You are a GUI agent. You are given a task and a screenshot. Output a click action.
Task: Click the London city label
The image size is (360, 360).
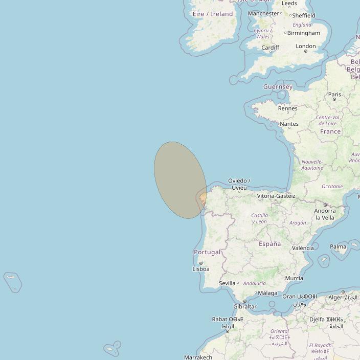click(306, 47)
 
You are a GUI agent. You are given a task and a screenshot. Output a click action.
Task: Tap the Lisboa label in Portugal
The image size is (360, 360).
click(200, 269)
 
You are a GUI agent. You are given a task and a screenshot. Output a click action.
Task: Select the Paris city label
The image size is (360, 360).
click(334, 94)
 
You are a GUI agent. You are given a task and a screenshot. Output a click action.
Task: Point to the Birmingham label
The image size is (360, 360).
click(304, 33)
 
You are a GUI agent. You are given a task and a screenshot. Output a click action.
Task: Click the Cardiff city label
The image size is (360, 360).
click(270, 48)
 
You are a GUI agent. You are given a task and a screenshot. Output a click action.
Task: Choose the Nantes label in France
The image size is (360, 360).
click(289, 124)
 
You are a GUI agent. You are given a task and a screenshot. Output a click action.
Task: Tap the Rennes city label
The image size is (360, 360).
click(287, 108)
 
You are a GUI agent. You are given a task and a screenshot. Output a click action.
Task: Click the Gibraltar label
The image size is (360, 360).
click(245, 307)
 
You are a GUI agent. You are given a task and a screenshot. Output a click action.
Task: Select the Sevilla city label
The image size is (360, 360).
click(227, 283)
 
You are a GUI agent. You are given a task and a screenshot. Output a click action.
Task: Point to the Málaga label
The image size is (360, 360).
click(267, 293)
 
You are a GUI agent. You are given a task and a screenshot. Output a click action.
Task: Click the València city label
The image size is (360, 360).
click(303, 248)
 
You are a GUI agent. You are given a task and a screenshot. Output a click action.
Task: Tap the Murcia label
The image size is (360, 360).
click(294, 279)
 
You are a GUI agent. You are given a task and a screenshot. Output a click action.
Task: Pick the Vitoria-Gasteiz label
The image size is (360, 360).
click(276, 196)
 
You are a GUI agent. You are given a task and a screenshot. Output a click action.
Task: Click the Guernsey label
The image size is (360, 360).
click(278, 87)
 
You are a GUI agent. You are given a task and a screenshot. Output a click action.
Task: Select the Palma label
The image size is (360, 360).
click(338, 246)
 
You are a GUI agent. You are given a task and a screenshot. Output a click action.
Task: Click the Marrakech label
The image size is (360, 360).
click(198, 357)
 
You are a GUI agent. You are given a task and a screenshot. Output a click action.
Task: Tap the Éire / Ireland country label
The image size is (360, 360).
click(213, 14)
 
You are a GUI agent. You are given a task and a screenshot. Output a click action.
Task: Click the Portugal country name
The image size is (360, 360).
click(207, 252)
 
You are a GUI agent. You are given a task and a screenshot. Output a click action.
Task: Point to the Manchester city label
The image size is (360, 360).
click(264, 13)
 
